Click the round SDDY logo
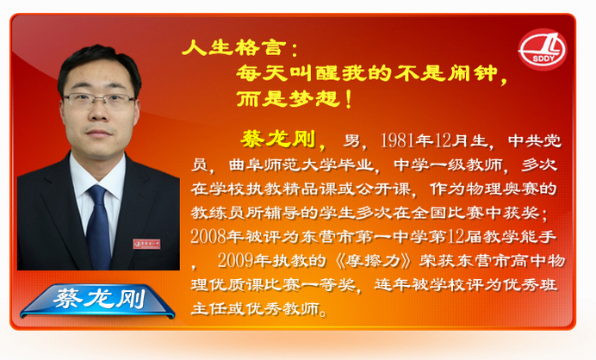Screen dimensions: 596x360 (x=543, y=49)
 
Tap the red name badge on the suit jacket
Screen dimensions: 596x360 (x=146, y=244)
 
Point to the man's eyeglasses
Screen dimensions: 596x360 (x=99, y=100)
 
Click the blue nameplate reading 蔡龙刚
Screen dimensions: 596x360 (x=97, y=301)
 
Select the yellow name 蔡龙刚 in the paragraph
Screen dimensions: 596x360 (x=278, y=139)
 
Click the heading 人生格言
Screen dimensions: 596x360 (x=233, y=48)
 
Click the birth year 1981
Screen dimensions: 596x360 (x=398, y=140)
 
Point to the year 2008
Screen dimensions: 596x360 (x=208, y=237)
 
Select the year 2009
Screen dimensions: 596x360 (x=236, y=260)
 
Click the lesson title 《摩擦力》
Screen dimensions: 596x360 (x=373, y=261)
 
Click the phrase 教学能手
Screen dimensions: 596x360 (x=519, y=237)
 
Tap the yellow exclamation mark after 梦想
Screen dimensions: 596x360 (x=349, y=99)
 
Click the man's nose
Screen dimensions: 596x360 (x=99, y=114)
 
